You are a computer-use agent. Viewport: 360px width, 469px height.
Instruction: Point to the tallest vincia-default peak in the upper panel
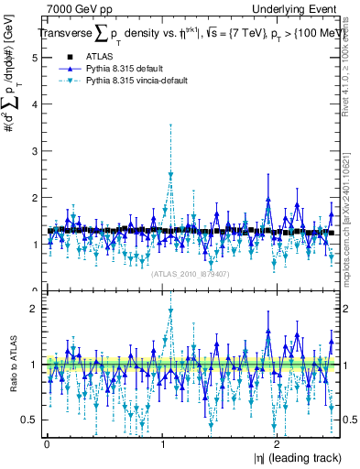pos(169,174)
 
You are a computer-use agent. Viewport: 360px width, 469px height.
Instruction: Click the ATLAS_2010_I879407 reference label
pos(190,274)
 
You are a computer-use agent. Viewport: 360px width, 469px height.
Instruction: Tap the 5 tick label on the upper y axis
pos(34,57)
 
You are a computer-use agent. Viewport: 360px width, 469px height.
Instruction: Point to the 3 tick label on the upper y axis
pos(34,150)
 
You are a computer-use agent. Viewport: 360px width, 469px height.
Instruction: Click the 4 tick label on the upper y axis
pos(34,104)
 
